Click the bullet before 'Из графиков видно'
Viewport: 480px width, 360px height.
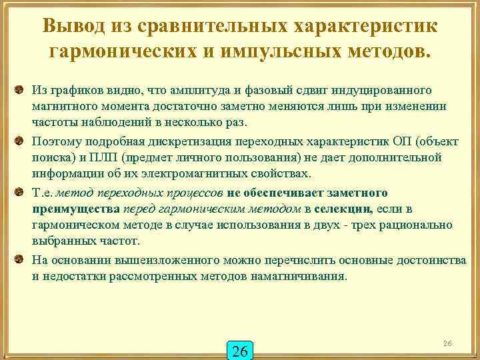point(21,89)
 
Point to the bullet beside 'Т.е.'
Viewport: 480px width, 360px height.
point(21,192)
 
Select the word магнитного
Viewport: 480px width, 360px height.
point(63,107)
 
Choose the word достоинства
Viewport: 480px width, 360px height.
point(431,260)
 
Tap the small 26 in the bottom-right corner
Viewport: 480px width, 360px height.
point(447,343)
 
